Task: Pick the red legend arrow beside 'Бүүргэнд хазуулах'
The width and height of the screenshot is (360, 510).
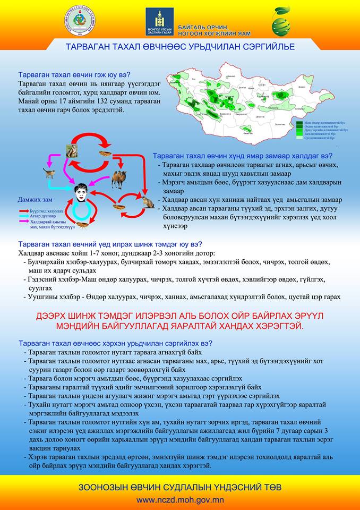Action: click(x=24, y=211)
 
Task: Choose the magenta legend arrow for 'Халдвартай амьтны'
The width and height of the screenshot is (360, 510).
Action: click(x=24, y=222)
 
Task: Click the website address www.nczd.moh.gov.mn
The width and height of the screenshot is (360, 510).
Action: click(x=179, y=500)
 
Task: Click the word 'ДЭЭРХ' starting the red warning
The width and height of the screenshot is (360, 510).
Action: click(x=55, y=316)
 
